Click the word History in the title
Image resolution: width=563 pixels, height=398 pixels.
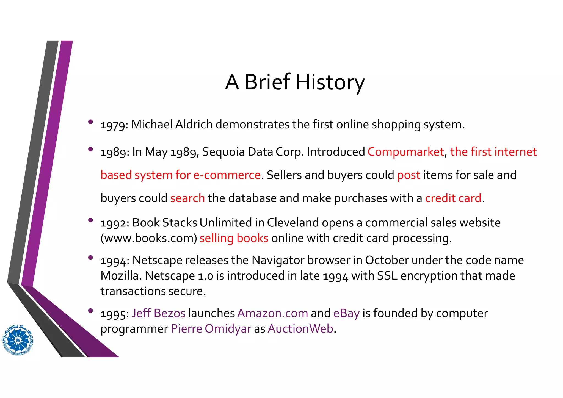pos(330,82)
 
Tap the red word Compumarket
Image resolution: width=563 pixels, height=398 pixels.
pos(405,152)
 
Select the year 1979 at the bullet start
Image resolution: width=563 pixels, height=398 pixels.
pos(112,125)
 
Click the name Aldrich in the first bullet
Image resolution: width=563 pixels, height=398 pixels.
pos(194,125)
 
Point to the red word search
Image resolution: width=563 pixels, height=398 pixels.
pos(187,198)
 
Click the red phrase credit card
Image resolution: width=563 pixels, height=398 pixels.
pos(453,198)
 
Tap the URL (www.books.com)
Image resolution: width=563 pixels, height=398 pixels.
pos(149,238)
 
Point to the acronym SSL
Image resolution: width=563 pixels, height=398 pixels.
pos(387,276)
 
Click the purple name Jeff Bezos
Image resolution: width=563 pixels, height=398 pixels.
pos(158,313)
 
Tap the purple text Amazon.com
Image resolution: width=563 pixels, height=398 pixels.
pos(272,313)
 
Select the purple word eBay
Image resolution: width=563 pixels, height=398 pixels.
pos(346,313)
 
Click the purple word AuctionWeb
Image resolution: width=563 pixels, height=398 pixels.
pos(300,329)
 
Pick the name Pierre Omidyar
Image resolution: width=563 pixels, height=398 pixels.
pos(211,329)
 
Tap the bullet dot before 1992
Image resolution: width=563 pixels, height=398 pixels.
pos(90,220)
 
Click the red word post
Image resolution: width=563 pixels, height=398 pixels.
pos(409,175)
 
